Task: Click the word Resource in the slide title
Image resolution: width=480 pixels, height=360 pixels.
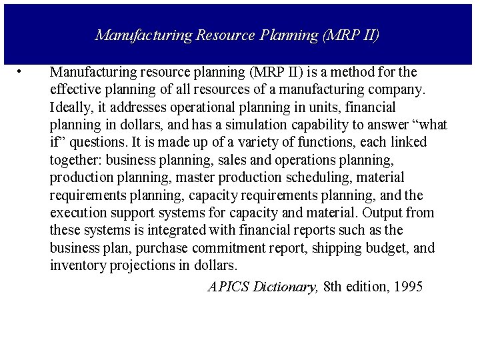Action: pyautogui.click(x=225, y=35)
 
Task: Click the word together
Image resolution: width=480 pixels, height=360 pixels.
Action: pyautogui.click(x=75, y=160)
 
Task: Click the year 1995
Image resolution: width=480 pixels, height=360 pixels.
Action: pyautogui.click(x=409, y=287)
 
